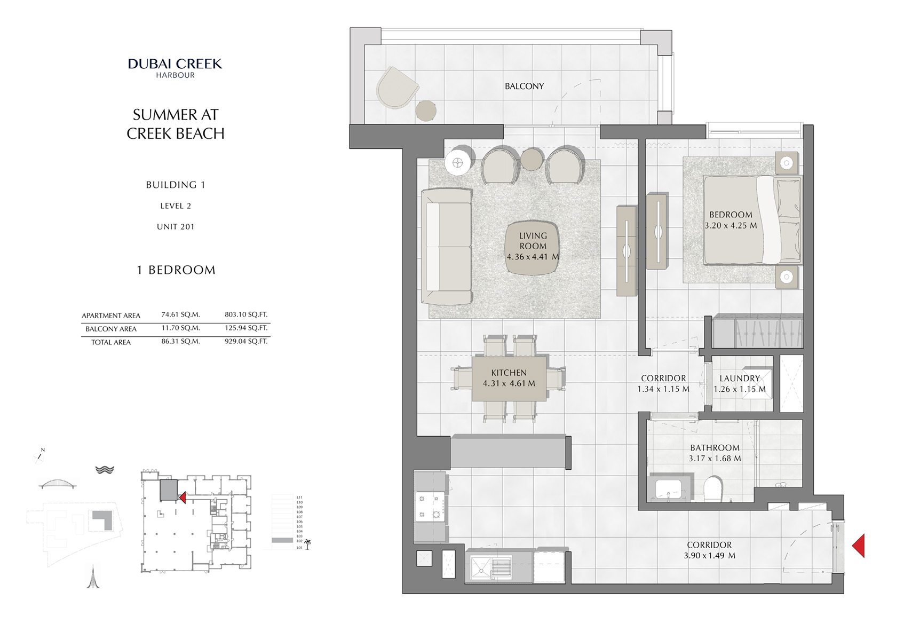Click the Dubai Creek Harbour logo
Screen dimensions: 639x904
(x=175, y=68)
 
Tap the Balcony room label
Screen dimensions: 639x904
(x=524, y=86)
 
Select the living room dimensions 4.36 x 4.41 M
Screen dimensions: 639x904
(x=533, y=257)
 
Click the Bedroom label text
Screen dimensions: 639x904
(x=731, y=215)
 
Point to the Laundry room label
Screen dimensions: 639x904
(x=740, y=378)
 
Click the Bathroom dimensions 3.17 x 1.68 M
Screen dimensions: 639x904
(x=715, y=459)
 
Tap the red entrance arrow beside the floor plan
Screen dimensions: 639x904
(x=859, y=546)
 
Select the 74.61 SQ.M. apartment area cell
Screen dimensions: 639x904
(x=180, y=314)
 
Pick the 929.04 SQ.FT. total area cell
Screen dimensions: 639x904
(x=246, y=341)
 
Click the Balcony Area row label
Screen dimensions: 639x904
(x=111, y=329)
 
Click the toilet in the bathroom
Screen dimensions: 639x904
(x=712, y=488)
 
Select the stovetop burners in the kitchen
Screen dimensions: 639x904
(x=430, y=506)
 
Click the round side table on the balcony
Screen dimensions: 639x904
(x=426, y=111)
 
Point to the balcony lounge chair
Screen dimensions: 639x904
(x=397, y=89)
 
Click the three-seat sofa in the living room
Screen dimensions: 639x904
(x=446, y=247)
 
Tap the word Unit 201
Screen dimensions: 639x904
(x=176, y=226)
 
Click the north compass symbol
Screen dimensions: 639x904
(x=39, y=455)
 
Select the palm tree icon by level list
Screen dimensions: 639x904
(x=307, y=544)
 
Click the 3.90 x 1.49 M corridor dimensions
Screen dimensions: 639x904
(x=709, y=556)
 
